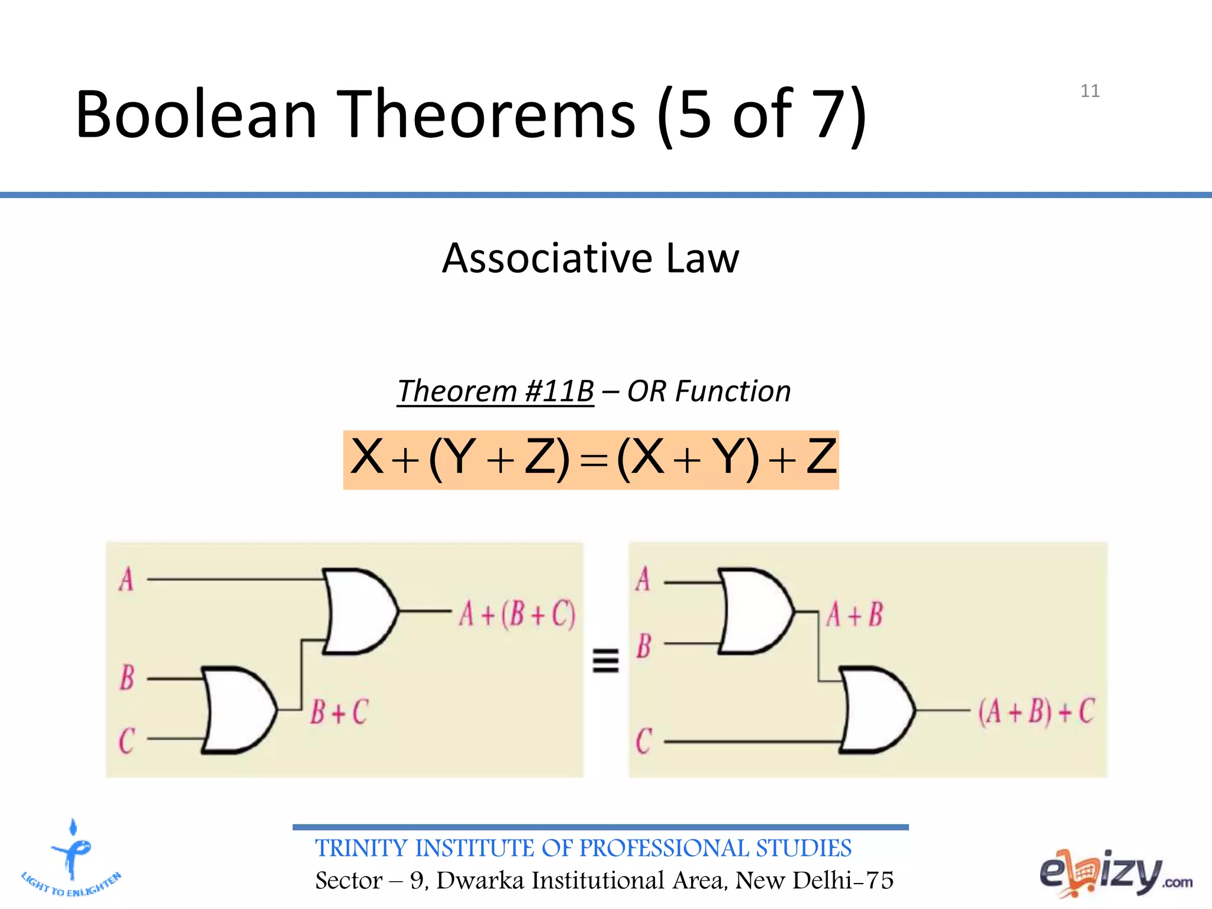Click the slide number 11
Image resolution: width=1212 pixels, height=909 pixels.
[1089, 91]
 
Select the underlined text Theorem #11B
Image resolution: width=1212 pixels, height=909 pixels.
[495, 391]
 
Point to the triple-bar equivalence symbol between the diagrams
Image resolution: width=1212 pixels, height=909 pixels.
[605, 660]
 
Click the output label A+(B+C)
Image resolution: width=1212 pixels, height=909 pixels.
[517, 614]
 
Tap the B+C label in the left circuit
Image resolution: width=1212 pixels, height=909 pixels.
[339, 712]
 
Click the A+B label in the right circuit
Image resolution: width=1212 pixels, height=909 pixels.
[855, 614]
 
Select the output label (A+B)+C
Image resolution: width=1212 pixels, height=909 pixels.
[1036, 711]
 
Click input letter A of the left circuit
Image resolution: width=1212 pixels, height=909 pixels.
[126, 579]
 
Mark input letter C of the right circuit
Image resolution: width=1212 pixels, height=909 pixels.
[643, 741]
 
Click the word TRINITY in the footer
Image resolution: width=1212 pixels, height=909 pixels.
[361, 849]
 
